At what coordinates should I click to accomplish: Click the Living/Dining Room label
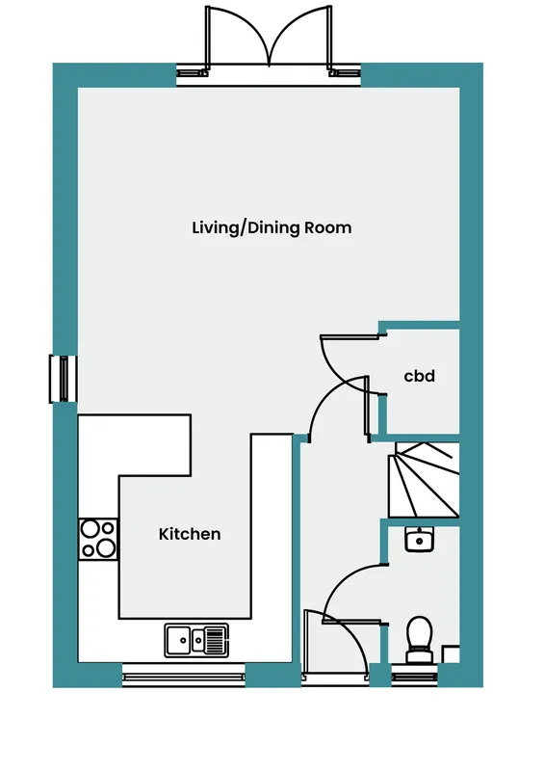click(272, 228)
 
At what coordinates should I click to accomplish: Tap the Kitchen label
click(190, 534)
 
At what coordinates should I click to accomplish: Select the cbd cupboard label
click(419, 376)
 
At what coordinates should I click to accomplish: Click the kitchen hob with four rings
click(98, 539)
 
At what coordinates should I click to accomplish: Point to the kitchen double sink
click(196, 640)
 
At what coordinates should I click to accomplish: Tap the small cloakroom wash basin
click(419, 540)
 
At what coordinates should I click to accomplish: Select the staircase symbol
click(424, 479)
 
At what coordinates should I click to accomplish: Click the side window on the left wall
click(63, 379)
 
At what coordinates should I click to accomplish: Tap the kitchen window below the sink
click(183, 678)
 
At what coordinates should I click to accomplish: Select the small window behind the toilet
click(414, 678)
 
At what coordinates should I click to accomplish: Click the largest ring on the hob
click(106, 547)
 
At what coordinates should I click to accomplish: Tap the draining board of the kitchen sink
click(217, 640)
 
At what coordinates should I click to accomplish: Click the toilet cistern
click(419, 657)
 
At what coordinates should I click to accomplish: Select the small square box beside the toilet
click(451, 654)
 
